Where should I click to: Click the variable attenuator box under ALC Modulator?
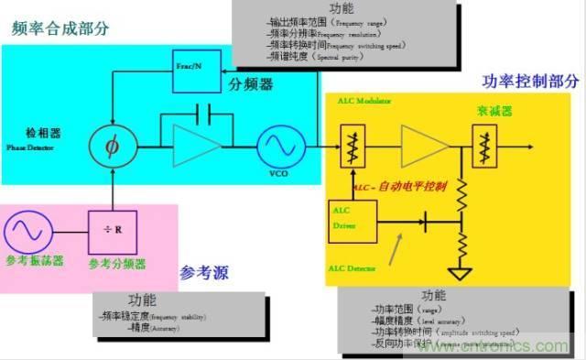click(352, 146)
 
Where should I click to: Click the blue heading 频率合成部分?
click(60, 28)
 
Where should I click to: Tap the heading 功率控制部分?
click(530, 81)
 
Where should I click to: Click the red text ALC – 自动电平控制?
click(400, 186)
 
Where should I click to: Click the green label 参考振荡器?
click(34, 261)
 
